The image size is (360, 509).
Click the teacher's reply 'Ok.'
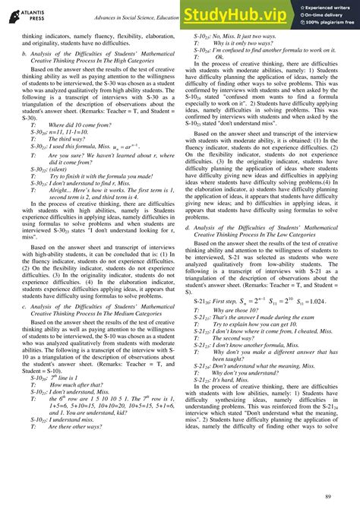tap(219, 56)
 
